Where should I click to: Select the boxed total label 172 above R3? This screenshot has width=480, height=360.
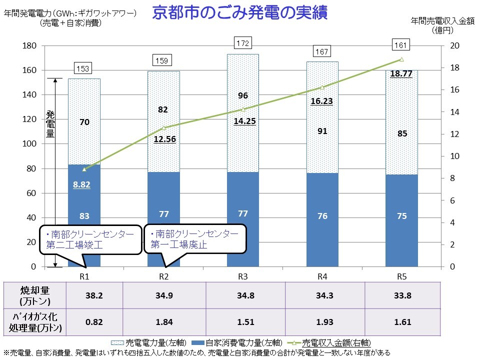(242, 44)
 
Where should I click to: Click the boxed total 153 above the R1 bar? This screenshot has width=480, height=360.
(83, 68)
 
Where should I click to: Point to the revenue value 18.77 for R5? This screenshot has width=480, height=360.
(401, 74)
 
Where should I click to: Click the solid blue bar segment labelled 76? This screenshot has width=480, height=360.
(322, 216)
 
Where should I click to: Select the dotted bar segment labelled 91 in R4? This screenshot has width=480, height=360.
(322, 131)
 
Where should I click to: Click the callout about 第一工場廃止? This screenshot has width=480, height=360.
(195, 240)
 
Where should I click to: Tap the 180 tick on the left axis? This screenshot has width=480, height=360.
(30, 46)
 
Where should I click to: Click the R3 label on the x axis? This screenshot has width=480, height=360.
(243, 276)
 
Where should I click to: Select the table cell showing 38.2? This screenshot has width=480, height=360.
(94, 295)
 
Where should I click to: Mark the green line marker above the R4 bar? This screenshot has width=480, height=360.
(322, 87)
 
